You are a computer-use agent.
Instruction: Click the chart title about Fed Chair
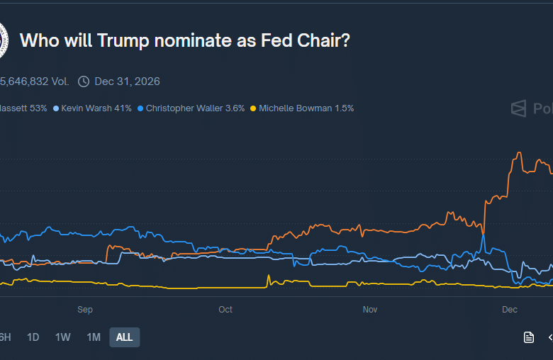point(184,40)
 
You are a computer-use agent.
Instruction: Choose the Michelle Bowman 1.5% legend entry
point(306,108)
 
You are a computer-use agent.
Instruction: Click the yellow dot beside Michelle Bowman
point(253,108)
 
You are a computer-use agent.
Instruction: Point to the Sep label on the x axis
point(85,310)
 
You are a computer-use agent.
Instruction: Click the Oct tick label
point(225,310)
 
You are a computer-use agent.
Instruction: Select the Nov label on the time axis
point(370,310)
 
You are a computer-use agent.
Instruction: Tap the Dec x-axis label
point(510,310)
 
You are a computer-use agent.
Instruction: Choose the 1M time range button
point(94,337)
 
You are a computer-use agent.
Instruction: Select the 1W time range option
point(63,337)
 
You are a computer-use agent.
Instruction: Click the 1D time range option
point(33,337)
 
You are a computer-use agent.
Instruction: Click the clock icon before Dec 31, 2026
point(84,81)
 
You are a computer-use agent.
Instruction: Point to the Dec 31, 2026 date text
point(127,81)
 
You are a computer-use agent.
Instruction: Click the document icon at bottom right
point(529,337)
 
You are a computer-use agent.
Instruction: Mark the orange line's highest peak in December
point(520,152)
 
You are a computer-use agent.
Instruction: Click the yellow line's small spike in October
point(269,276)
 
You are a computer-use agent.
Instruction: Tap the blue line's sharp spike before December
point(483,235)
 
